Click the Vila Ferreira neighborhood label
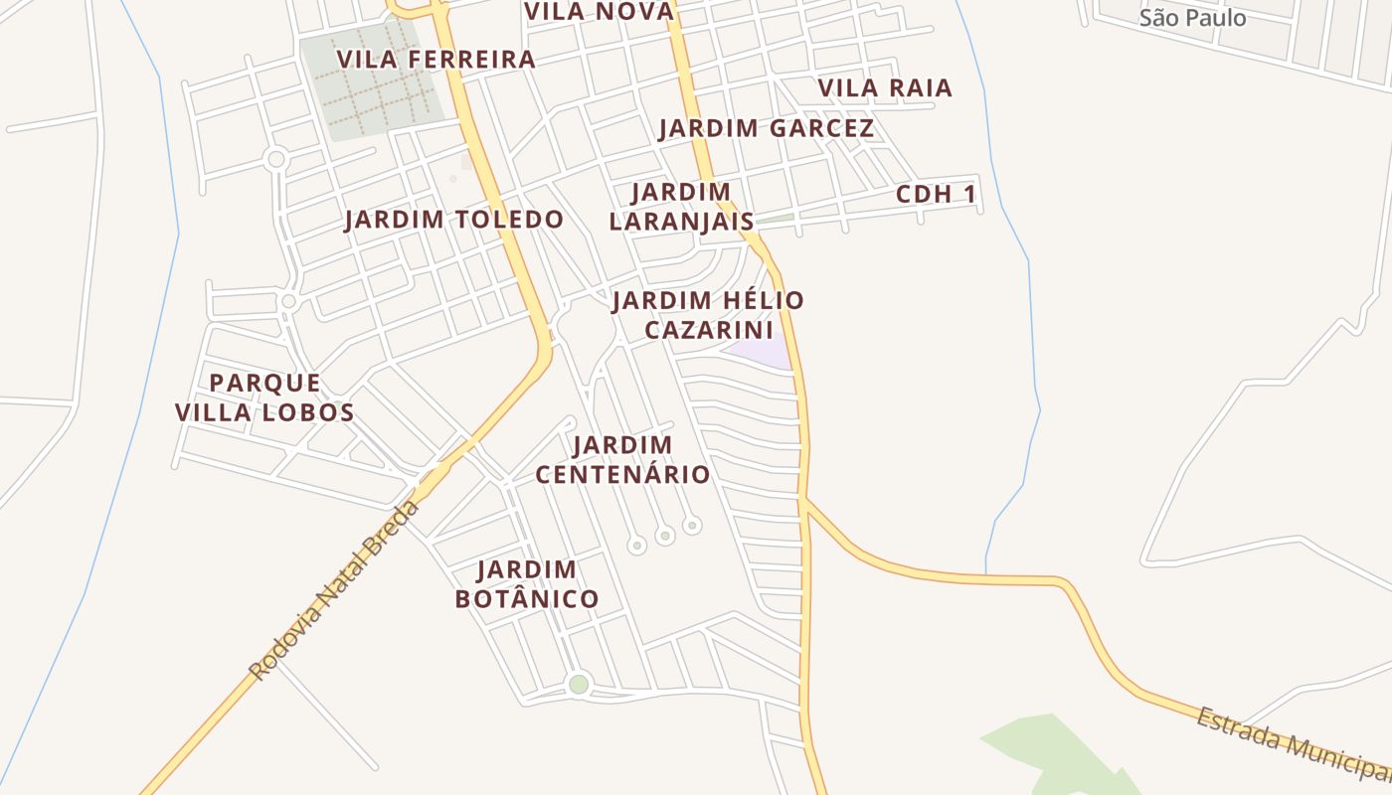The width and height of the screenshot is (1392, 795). [x=435, y=60]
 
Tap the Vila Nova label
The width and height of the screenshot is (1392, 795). [x=599, y=11]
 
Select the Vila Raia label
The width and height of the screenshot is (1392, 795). [x=885, y=88]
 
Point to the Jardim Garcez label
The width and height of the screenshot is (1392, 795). [x=766, y=128]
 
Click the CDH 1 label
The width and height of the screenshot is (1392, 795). [x=936, y=195]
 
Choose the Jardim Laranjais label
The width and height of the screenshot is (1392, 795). [x=682, y=207]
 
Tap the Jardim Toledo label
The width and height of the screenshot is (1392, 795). [x=453, y=220]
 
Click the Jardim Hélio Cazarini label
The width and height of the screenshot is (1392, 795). [x=708, y=314]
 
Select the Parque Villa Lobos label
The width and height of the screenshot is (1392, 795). [x=264, y=397]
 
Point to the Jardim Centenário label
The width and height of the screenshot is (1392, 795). [x=623, y=459]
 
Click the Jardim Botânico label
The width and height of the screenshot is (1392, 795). [x=527, y=584]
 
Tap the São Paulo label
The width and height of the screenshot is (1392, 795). [x=1192, y=18]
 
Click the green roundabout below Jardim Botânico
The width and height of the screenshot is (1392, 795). [x=579, y=684]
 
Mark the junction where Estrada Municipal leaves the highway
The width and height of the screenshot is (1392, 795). [x=806, y=500]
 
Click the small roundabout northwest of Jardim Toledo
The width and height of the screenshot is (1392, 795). [x=276, y=159]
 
